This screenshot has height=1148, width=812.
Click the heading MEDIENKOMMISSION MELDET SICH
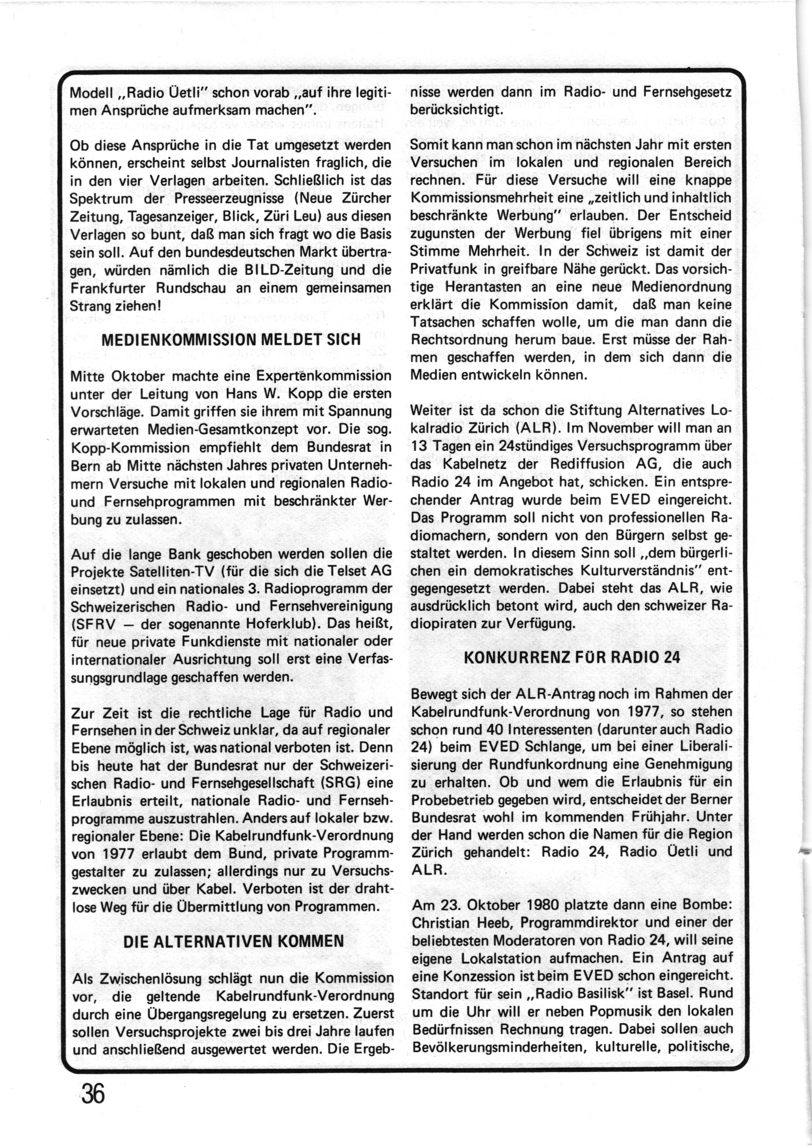(x=231, y=340)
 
